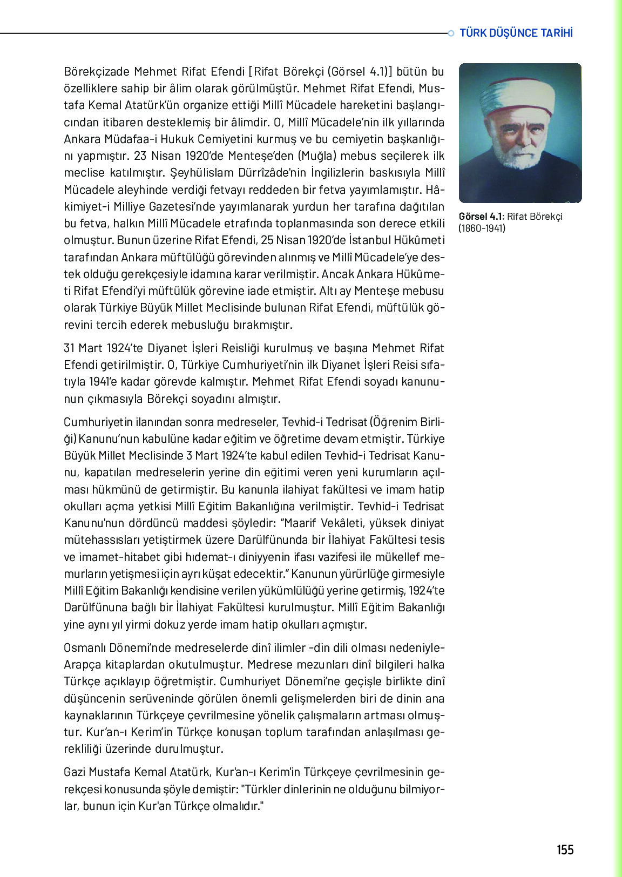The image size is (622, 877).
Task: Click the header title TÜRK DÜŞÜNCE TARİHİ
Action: coord(516,33)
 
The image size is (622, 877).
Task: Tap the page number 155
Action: coord(565,850)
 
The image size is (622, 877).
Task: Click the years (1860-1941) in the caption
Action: coord(482,228)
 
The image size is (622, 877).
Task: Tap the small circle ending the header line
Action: coord(451,33)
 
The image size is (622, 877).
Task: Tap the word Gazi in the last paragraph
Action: coord(75,772)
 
